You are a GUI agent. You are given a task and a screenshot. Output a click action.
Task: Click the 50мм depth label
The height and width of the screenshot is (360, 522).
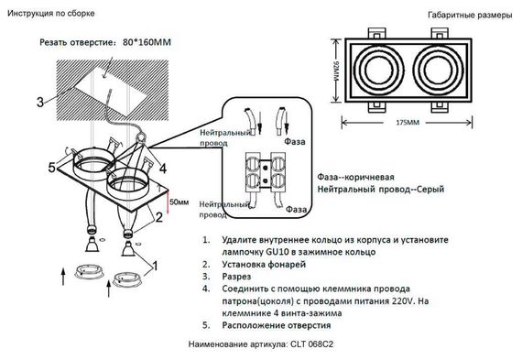tap(179, 201)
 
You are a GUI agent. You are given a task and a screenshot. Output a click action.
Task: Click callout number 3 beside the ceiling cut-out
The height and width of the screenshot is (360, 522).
tap(39, 102)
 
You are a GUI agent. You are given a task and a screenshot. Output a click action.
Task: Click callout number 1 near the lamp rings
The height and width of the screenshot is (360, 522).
tap(154, 266)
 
